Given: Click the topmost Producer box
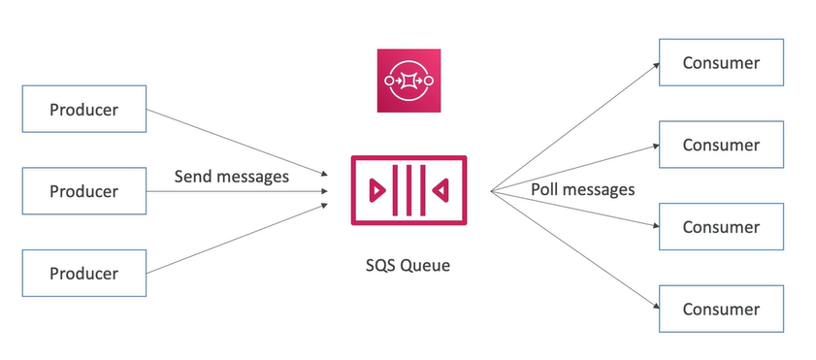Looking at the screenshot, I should click(x=84, y=109).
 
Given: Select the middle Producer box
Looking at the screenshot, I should click(x=84, y=191).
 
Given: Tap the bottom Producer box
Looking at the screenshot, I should click(x=84, y=273).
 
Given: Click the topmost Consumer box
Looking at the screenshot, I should click(x=720, y=63).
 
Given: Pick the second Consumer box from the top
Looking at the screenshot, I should click(x=720, y=145).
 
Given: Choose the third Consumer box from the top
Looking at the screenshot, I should click(x=720, y=227).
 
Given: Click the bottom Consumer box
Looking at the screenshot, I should click(x=720, y=310).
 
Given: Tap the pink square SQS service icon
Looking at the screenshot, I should click(x=408, y=81).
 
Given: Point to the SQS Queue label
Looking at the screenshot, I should click(x=408, y=265).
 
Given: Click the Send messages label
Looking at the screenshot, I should click(x=232, y=177).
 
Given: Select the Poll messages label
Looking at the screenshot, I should click(x=582, y=189).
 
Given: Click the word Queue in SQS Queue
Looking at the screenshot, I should click(x=427, y=265).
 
